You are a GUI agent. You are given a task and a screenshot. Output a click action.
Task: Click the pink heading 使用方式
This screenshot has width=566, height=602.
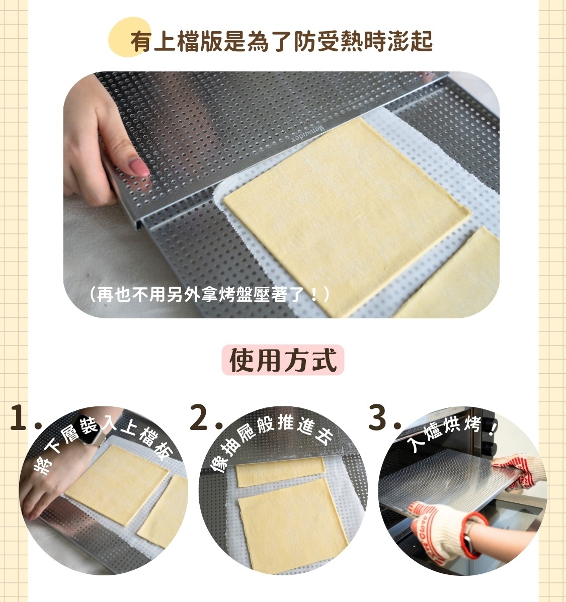tap(283, 360)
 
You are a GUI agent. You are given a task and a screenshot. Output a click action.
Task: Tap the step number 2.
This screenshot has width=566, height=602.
tap(200, 418)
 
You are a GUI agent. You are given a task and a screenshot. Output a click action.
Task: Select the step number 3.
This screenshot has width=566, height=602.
tap(378, 418)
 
